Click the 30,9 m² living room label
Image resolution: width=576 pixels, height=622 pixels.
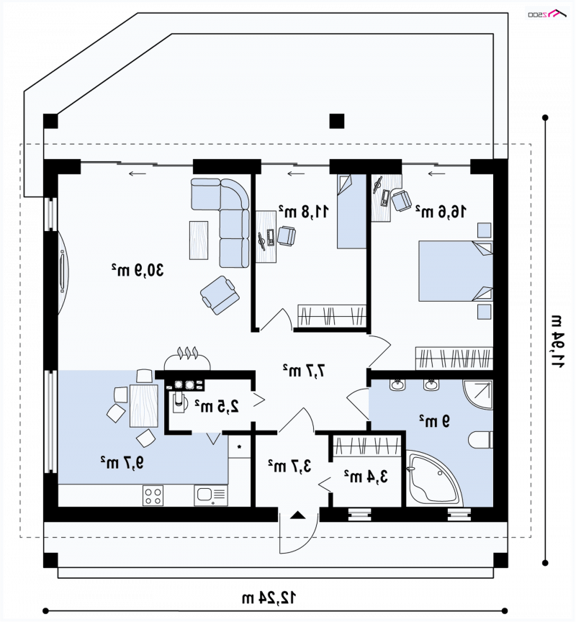(138, 270)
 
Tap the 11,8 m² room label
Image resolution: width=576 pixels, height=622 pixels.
(303, 211)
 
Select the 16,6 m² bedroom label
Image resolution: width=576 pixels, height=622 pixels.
(441, 212)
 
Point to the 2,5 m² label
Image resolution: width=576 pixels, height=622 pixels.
(217, 406)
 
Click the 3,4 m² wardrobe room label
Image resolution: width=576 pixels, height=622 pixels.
(366, 476)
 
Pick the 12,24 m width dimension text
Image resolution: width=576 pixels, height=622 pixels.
(269, 597)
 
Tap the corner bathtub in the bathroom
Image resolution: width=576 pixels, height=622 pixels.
(434, 479)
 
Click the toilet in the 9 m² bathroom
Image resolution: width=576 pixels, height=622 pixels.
(480, 440)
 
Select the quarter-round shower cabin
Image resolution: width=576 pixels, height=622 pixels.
(478, 395)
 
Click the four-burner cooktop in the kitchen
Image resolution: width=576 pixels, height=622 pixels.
(153, 495)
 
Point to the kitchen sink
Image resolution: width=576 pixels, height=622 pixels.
(211, 495)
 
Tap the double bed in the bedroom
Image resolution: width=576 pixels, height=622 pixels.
(456, 271)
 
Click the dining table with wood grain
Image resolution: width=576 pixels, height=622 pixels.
(143, 405)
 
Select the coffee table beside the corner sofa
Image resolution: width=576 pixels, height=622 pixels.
(199, 240)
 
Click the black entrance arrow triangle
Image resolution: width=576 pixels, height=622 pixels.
(298, 515)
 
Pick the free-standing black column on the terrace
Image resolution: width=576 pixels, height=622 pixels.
(337, 121)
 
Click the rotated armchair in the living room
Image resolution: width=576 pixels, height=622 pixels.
(220, 295)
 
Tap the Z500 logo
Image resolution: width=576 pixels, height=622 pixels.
(547, 14)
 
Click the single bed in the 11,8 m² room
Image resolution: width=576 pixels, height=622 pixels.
(351, 212)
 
